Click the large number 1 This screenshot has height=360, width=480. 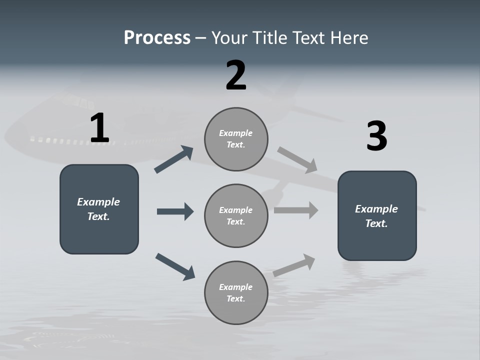99,128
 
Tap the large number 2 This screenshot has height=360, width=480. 236,75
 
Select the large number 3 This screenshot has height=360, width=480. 376,136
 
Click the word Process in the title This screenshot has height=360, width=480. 157,38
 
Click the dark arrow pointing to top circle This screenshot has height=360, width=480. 174,159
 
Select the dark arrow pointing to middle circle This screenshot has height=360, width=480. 175,211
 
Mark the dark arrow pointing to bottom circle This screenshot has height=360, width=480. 175,266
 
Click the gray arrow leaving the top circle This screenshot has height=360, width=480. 297,160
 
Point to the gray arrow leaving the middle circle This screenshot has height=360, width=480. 296,210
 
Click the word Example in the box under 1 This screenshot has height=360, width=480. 98,202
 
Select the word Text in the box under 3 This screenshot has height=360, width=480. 375,223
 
